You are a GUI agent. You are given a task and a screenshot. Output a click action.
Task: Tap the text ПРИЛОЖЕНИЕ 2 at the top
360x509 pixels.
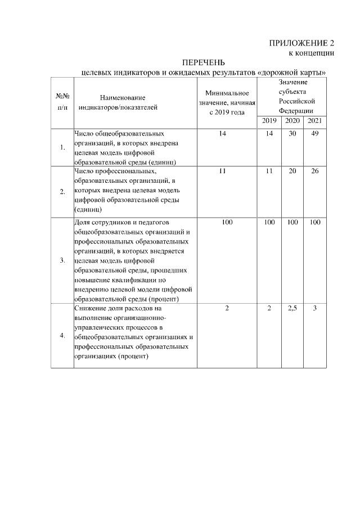(x=302, y=43)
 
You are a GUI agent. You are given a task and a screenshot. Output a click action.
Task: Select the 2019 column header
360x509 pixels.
(x=269, y=121)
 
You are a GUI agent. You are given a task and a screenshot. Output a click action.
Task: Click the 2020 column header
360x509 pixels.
(x=292, y=121)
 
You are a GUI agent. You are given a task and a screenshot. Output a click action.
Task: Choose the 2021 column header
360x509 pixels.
(x=315, y=121)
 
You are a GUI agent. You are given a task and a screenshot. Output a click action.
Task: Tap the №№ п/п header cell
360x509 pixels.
(x=62, y=101)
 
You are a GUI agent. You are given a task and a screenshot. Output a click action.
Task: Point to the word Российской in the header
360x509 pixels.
(x=296, y=101)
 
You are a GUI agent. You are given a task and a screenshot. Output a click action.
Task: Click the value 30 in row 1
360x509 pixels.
(x=292, y=134)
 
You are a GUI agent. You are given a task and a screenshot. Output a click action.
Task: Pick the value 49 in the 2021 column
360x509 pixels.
(x=315, y=134)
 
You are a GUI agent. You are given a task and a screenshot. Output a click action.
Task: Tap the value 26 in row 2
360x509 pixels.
(x=315, y=171)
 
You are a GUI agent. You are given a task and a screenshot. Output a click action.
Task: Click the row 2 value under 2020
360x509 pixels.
(x=292, y=171)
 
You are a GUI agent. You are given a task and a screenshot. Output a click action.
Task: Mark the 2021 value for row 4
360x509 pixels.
(x=315, y=309)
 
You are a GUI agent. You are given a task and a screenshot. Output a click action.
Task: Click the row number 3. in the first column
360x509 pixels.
(x=62, y=260)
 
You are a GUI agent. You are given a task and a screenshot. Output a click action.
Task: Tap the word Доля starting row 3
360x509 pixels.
(x=83, y=223)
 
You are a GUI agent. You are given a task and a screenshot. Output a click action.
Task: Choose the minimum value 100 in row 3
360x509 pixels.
(x=227, y=223)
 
